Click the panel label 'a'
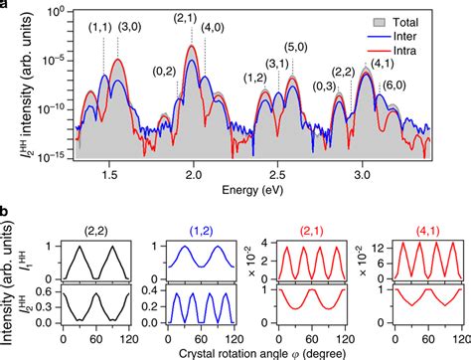click(7, 7)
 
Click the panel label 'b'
click(7, 213)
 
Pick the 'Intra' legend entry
click(410, 49)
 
